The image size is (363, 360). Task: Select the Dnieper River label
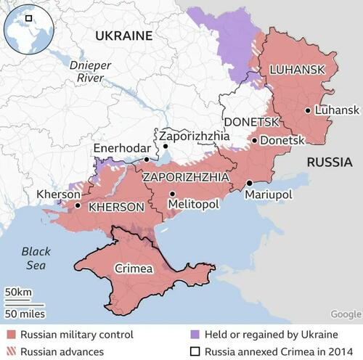coord(90,71)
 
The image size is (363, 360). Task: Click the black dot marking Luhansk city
coord(309,110)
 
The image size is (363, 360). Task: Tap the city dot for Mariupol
coord(249,183)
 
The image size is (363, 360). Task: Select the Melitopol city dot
coord(172,194)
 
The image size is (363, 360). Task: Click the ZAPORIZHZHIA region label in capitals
coord(186,176)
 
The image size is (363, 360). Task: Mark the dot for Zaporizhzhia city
coord(166,145)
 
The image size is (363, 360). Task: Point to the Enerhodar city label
coord(118,149)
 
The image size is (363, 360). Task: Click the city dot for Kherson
coord(78,205)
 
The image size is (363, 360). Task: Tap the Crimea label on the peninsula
coord(134,269)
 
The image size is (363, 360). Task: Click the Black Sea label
coord(36,258)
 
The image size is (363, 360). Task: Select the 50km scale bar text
coord(19,292)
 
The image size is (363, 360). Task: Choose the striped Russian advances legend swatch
coord(10,351)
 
